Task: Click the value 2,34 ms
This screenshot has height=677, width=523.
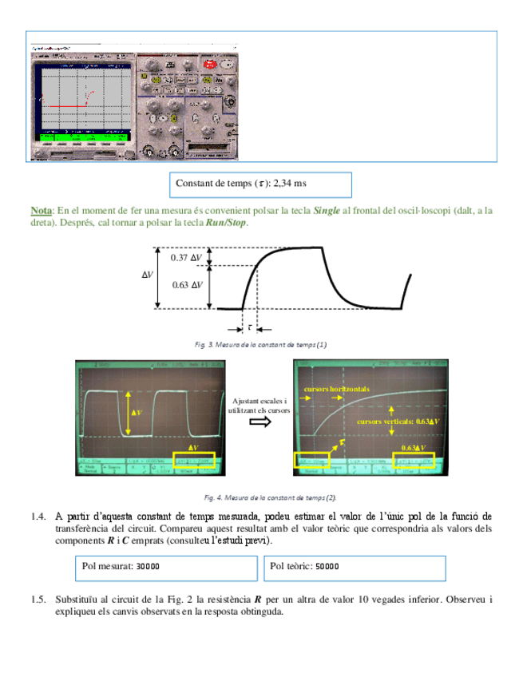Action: pyautogui.click(x=290, y=184)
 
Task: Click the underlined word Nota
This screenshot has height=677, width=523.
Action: pyautogui.click(x=42, y=211)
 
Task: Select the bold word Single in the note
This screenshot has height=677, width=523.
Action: pyautogui.click(x=327, y=211)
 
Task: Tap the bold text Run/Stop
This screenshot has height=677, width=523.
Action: pyautogui.click(x=227, y=223)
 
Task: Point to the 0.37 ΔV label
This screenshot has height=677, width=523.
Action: pyautogui.click(x=187, y=257)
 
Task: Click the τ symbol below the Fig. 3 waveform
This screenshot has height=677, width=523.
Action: pyautogui.click(x=250, y=326)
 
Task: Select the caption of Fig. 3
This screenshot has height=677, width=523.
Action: pyautogui.click(x=261, y=345)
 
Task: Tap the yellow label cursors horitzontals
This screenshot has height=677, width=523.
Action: pyautogui.click(x=337, y=388)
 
